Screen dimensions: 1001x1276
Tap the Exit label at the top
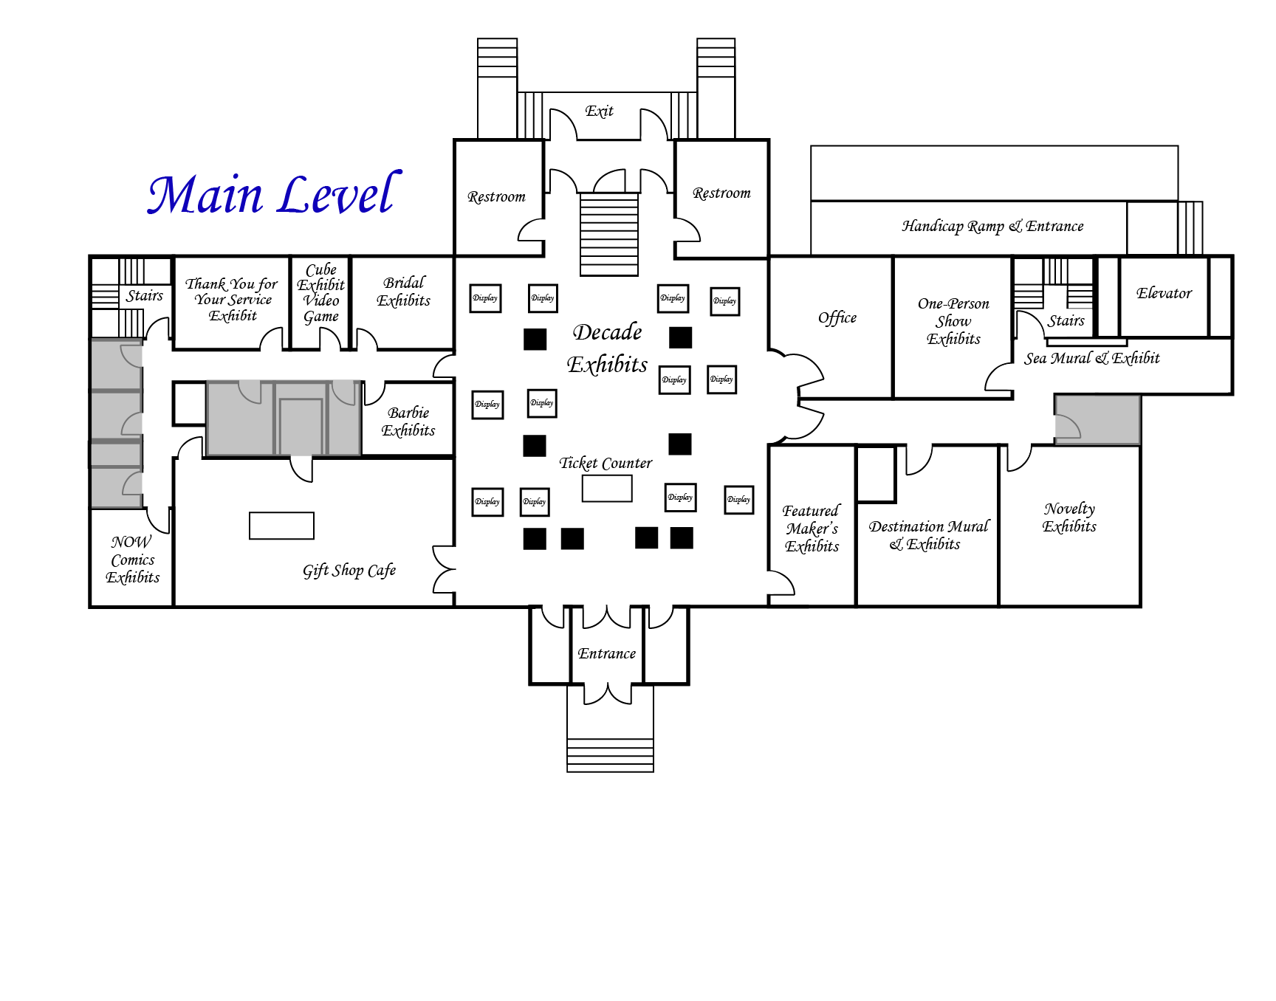click(x=599, y=111)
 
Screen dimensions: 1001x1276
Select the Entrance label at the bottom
click(x=606, y=653)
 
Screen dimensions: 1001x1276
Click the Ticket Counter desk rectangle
click(x=607, y=488)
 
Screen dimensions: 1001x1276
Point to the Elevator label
click(x=1164, y=293)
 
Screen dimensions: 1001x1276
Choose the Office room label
click(x=837, y=317)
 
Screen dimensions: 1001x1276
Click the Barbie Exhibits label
click(x=408, y=422)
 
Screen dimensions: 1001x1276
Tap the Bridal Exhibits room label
click(x=403, y=292)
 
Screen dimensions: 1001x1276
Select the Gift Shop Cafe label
click(x=349, y=571)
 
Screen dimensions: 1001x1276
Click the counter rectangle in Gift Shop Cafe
click(x=281, y=526)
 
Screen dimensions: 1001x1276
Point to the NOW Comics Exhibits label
click(x=132, y=560)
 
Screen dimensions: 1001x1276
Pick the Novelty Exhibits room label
click(x=1069, y=517)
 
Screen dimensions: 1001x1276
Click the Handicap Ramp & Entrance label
click(x=992, y=226)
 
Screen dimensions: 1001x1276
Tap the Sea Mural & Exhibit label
click(x=1091, y=358)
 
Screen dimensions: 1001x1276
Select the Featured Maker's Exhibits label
click(x=812, y=529)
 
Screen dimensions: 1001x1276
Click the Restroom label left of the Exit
click(x=496, y=197)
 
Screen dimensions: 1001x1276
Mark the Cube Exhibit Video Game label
click(x=321, y=293)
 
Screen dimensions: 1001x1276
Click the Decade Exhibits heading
click(x=607, y=348)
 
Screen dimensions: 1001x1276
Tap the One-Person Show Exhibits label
click(x=953, y=321)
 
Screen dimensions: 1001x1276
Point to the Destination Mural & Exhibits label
click(x=927, y=535)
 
